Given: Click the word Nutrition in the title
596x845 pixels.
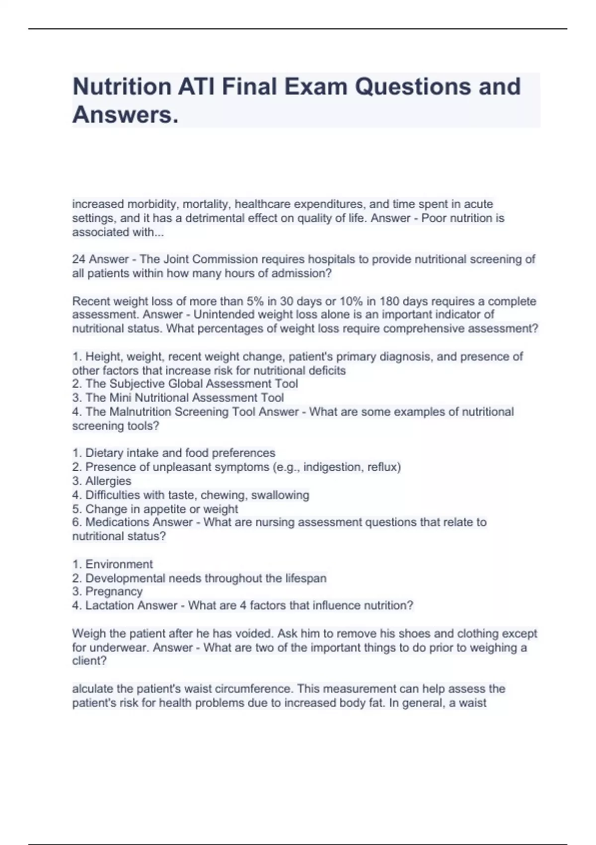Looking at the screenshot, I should pyautogui.click(x=122, y=86).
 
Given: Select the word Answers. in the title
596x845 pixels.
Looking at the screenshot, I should pyautogui.click(x=125, y=115).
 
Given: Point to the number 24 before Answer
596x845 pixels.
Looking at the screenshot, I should pyautogui.click(x=79, y=259).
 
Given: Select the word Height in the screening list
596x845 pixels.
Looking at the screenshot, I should pyautogui.click(x=103, y=357).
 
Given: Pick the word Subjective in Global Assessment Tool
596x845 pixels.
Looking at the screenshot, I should pyautogui.click(x=138, y=384).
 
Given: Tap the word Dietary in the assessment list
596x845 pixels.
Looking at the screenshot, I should pyautogui.click(x=105, y=453).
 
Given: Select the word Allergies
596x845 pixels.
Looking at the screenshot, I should pyautogui.click(x=108, y=481).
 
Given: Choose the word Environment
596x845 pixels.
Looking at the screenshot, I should pyautogui.click(x=119, y=565).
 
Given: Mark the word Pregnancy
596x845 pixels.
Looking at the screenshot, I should pyautogui.click(x=114, y=591).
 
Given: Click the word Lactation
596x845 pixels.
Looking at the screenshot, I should pyautogui.click(x=110, y=606).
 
